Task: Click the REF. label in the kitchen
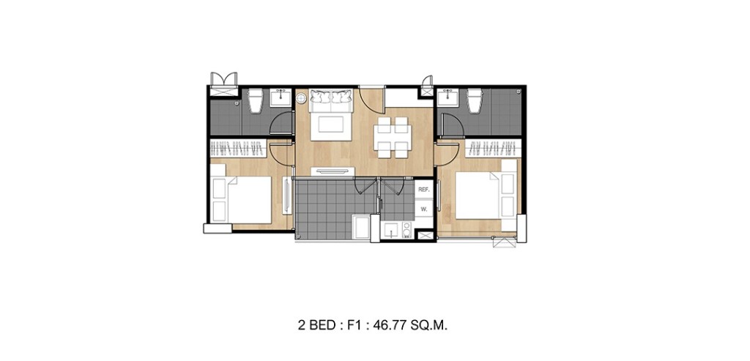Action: click(423, 190)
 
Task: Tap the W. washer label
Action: click(423, 209)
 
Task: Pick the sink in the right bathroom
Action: click(448, 100)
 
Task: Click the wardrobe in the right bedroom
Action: click(492, 149)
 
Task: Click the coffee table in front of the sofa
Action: click(330, 124)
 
